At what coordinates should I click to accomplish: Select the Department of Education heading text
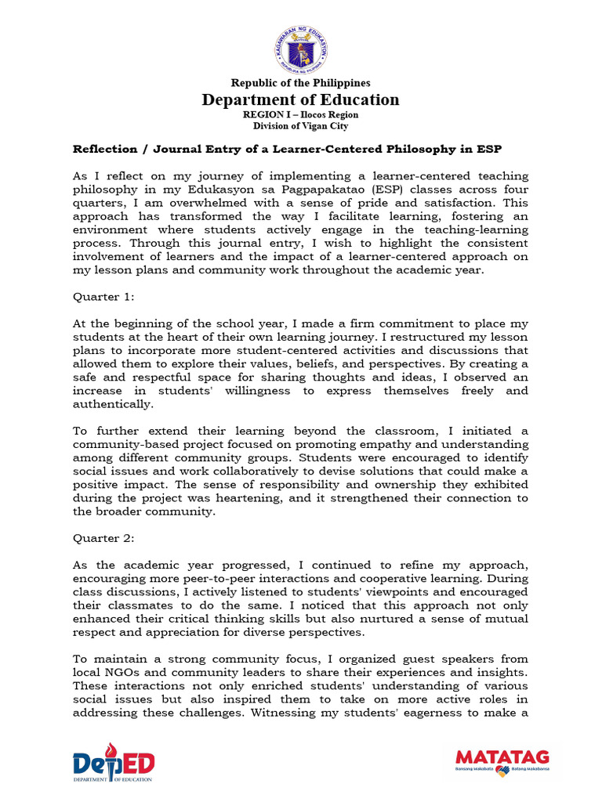(300, 99)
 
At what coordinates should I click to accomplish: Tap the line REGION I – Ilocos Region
(300, 114)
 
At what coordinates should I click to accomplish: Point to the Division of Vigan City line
(300, 126)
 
